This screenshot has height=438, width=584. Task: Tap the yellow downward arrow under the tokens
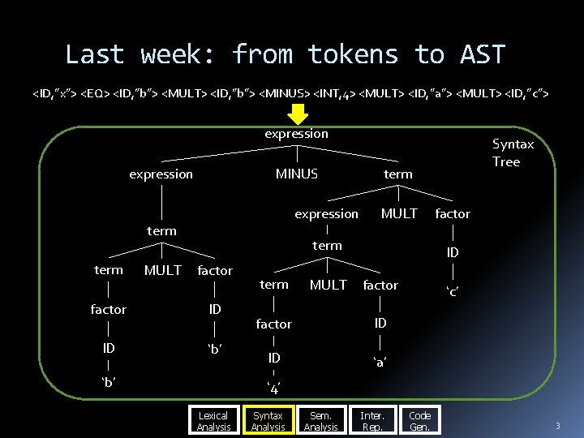click(296, 115)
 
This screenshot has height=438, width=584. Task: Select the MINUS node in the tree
click(297, 174)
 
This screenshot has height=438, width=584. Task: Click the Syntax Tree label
click(513, 152)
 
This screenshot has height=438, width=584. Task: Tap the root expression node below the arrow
click(296, 134)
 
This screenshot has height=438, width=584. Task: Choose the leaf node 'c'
click(453, 291)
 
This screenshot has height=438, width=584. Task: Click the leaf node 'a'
click(380, 361)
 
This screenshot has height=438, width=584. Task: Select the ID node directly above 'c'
click(453, 253)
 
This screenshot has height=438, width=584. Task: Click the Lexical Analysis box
click(214, 421)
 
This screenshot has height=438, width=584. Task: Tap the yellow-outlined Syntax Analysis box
click(268, 421)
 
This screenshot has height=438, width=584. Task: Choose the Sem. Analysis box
click(321, 421)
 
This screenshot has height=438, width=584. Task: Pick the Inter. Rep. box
click(372, 421)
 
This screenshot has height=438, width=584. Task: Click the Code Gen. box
click(420, 421)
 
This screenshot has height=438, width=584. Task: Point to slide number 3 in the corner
click(557, 427)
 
